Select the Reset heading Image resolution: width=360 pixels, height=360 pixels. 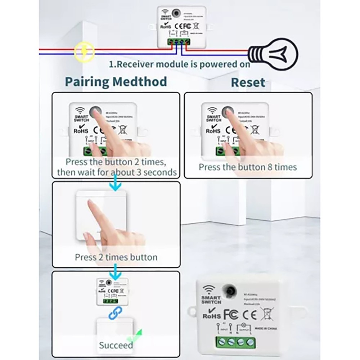pyautogui.click(x=248, y=82)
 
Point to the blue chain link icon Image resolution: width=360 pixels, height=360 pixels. pyautogui.click(x=115, y=313)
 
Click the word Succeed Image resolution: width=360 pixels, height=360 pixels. pyautogui.click(x=116, y=345)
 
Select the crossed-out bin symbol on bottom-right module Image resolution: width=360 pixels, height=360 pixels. pyautogui.click(x=267, y=314)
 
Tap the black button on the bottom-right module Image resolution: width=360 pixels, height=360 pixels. pyautogui.click(x=229, y=291)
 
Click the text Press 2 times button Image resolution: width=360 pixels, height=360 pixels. pyautogui.click(x=116, y=257)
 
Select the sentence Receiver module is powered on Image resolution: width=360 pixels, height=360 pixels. pyautogui.click(x=179, y=64)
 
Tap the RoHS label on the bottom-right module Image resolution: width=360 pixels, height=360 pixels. pyautogui.click(x=212, y=315)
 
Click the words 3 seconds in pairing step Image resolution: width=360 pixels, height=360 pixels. pyautogui.click(x=160, y=172)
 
